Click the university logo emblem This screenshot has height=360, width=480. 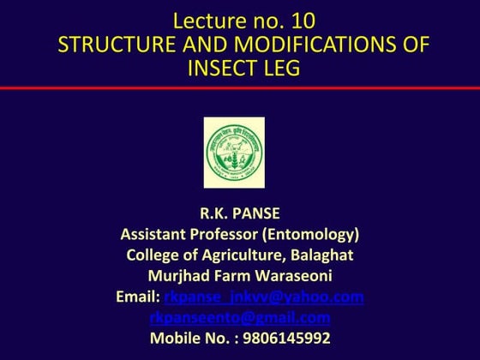[234, 153]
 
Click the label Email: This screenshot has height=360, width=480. [137, 297]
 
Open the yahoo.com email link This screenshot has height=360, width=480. [263, 297]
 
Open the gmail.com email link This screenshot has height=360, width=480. [240, 317]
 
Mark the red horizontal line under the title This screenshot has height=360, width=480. [240, 88]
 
